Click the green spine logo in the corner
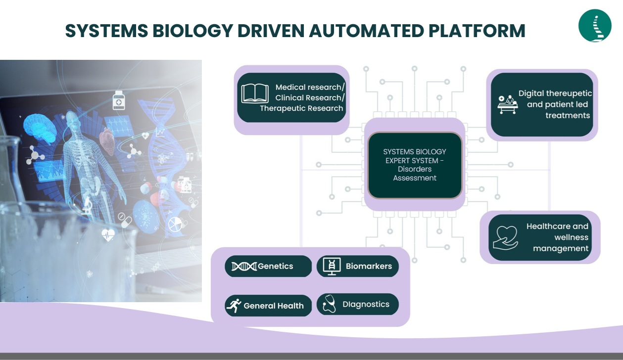[595, 26]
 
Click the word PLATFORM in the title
[477, 31]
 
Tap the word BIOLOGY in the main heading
[192, 31]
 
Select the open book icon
[255, 93]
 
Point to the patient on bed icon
[508, 104]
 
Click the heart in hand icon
[505, 238]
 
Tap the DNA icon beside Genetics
[244, 267]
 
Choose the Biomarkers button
[358, 266]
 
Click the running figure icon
[234, 306]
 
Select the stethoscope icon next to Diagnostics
[329, 304]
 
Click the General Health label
[274, 306]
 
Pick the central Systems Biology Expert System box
[415, 165]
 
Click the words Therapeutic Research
[301, 108]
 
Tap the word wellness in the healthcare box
[571, 237]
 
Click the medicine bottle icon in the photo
[119, 100]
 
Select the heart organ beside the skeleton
[107, 141]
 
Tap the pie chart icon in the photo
[175, 225]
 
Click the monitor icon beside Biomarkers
[332, 266]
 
